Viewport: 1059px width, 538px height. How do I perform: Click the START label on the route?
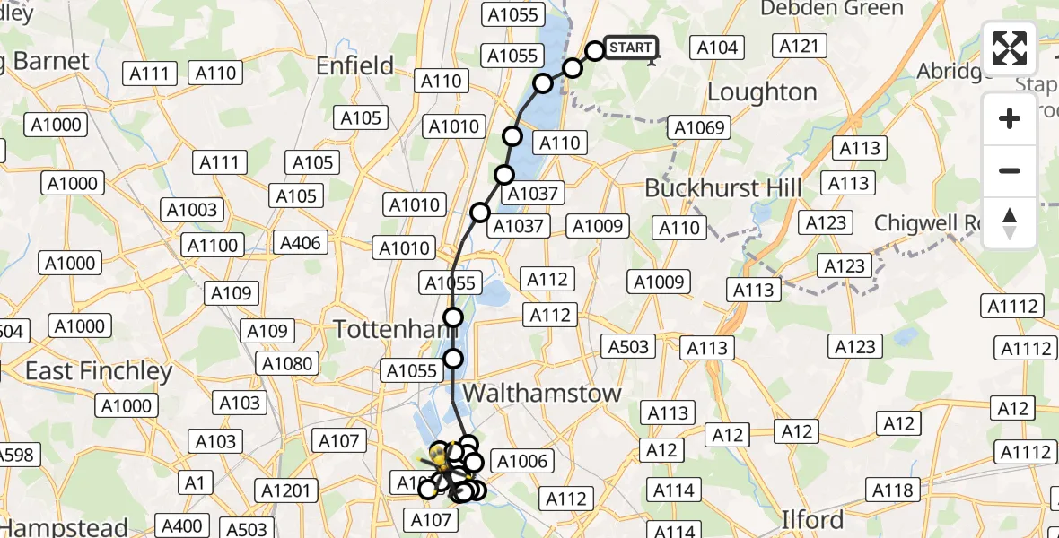[632, 48]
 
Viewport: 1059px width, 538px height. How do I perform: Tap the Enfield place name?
[354, 65]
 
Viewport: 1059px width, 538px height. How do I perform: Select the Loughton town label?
[762, 92]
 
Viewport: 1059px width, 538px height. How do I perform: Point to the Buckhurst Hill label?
[723, 189]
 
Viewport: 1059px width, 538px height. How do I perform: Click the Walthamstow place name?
[542, 394]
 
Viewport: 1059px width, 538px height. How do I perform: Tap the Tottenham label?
[389, 329]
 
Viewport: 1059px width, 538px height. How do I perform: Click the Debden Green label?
[832, 9]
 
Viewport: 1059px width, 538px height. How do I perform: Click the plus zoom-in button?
[1010, 118]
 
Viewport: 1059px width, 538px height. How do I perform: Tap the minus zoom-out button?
[1010, 170]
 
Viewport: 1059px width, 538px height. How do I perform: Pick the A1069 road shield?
[698, 127]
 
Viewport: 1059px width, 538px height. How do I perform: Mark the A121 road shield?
[798, 47]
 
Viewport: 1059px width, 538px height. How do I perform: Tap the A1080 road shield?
[287, 363]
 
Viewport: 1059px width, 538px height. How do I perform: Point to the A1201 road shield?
[286, 490]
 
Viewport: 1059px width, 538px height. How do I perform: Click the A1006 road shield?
[521, 462]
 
